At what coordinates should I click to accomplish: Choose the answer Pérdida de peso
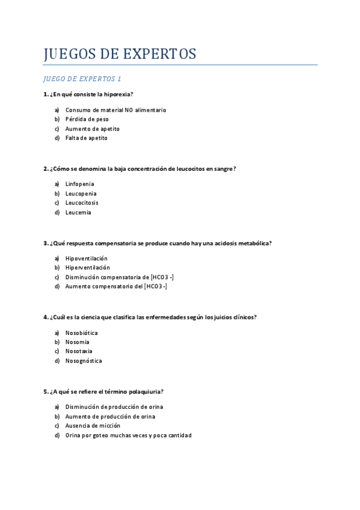point(87,119)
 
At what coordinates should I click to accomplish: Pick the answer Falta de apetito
point(87,138)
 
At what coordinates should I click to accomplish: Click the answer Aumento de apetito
point(93,129)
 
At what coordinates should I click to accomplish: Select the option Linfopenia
point(80,184)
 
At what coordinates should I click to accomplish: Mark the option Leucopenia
point(81,194)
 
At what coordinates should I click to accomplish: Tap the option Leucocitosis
point(82,203)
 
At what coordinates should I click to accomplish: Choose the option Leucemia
point(78,212)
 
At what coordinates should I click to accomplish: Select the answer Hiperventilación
point(88,268)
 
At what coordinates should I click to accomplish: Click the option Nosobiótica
point(82,333)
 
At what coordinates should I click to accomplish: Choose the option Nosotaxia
point(79,351)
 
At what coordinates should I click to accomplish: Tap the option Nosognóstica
point(84,361)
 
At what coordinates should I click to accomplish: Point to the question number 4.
point(46,318)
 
